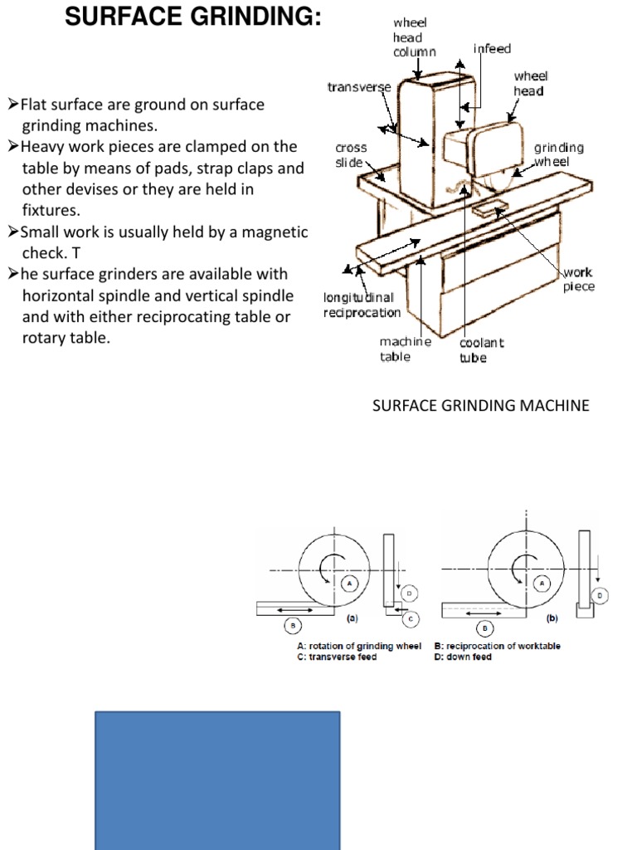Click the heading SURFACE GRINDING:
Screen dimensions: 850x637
pos(192,16)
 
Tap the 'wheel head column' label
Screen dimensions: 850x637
pos(414,37)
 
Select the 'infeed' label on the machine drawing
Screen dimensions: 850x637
pos(492,49)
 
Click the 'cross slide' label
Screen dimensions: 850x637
pos(351,154)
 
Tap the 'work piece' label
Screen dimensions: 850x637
pos(578,279)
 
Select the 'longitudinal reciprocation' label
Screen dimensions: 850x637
pos(362,305)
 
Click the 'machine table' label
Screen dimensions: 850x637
pos(405,349)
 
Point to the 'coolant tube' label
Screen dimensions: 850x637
pos(481,349)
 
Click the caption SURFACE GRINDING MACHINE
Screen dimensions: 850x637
pos(481,406)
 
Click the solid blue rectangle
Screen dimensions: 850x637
pos(217,780)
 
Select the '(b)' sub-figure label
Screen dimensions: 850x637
pos(552,618)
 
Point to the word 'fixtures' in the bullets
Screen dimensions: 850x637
pos(50,211)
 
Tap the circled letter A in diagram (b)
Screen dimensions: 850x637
pos(544,584)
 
